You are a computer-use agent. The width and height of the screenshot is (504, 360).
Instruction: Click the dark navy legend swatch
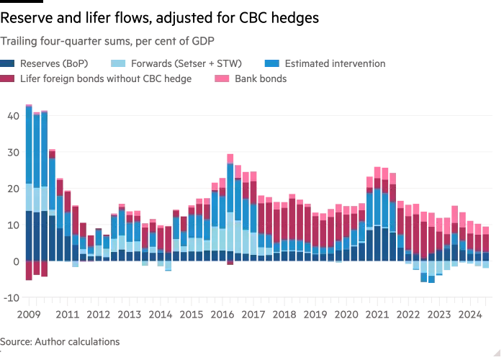pos(9,64)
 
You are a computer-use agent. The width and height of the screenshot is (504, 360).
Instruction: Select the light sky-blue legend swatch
pos(117,64)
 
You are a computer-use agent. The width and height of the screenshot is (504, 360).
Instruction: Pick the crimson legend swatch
pos(9,81)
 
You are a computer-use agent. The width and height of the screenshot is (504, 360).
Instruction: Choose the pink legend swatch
pos(221,81)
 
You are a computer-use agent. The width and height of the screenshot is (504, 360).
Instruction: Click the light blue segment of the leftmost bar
pos(29,198)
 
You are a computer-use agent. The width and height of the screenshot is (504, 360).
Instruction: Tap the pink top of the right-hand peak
pos(377,167)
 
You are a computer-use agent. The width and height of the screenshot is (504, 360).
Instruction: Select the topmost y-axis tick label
pos(12,115)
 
